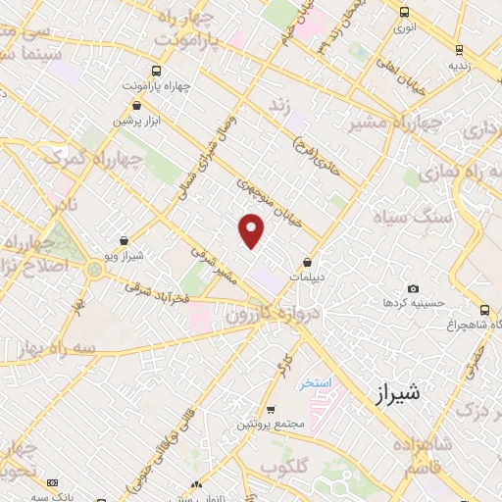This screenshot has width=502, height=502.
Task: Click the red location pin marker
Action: click(x=252, y=230)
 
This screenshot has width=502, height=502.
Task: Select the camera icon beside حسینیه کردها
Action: click(x=413, y=288)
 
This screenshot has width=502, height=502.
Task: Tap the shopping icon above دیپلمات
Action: click(x=308, y=263)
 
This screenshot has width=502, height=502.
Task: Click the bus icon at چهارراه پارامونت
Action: click(x=157, y=71)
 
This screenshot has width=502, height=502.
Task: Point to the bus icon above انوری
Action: click(x=404, y=12)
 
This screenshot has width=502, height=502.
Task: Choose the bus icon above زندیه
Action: click(x=458, y=49)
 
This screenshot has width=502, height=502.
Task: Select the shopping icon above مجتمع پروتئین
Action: click(x=271, y=411)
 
